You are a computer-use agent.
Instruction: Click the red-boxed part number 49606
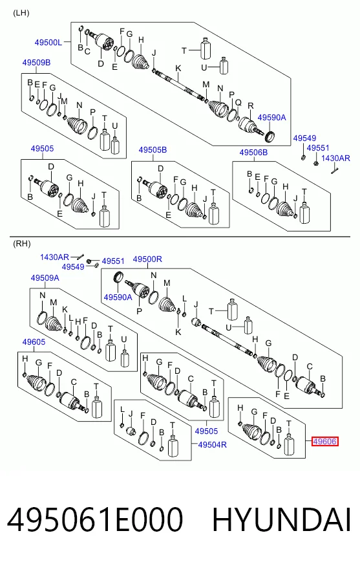325,441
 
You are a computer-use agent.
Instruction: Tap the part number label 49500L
48,43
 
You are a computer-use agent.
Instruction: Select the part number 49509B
36,63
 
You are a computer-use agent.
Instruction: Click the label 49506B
253,153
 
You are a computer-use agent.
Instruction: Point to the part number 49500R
147,259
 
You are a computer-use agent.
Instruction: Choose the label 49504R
213,444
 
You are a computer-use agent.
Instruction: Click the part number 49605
34,342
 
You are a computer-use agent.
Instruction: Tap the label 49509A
45,278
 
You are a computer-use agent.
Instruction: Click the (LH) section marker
21,13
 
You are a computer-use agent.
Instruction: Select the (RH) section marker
21,244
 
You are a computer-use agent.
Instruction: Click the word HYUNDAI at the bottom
282,519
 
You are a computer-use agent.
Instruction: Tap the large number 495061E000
95,519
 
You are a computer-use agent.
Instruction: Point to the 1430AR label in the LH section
335,158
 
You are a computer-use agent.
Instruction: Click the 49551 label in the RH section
113,261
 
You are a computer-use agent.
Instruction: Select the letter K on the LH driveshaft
178,69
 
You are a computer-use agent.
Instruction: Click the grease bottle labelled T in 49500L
206,49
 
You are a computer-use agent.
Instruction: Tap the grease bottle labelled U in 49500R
248,325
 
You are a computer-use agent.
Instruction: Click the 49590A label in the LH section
272,117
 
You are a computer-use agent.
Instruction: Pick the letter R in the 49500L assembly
251,106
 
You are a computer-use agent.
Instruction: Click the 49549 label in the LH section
304,138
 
